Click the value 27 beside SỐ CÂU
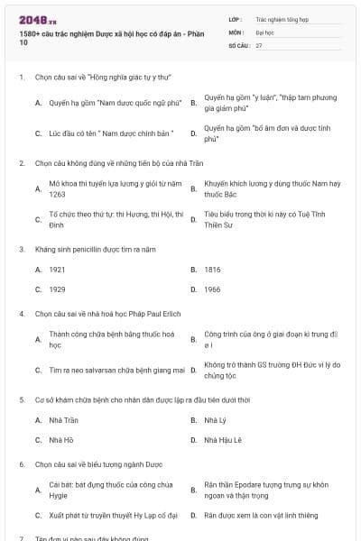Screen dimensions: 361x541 click(x=259, y=44)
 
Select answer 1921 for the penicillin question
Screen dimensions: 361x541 click(x=57, y=270)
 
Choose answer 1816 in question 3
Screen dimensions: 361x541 click(x=212, y=270)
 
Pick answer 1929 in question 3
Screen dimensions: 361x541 click(x=57, y=289)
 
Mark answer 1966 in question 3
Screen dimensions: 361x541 click(x=212, y=289)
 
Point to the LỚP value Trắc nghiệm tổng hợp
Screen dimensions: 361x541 click(x=279, y=18)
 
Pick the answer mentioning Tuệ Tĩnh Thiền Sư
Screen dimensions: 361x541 click(x=271, y=219)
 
